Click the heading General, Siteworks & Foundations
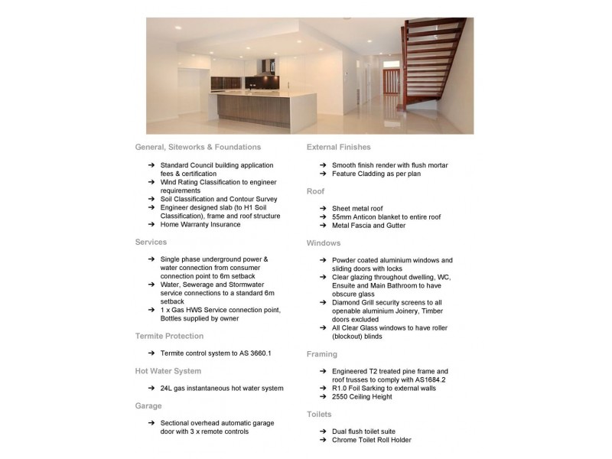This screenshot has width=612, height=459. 197,147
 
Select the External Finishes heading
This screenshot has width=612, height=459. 338,147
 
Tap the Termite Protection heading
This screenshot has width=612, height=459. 169,336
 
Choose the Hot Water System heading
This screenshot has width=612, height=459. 168,371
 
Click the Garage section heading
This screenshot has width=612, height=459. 148,405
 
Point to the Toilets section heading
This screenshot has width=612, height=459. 319,413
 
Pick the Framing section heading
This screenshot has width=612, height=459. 322,354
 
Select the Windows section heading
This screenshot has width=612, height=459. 324,243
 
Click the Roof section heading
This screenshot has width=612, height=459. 315,190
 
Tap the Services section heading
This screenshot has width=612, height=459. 151,242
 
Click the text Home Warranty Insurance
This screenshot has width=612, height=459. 200,225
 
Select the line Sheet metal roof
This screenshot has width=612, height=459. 357,208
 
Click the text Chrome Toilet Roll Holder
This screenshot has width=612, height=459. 371,440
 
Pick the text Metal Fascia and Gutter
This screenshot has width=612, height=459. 369,226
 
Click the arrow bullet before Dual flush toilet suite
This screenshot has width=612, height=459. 324,431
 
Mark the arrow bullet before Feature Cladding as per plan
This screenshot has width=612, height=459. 324,174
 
